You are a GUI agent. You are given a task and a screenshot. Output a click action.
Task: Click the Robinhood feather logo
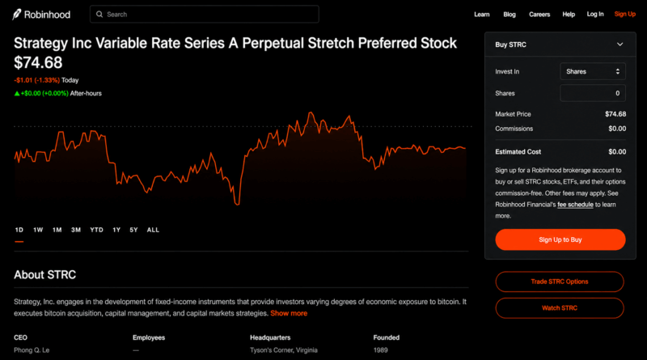coord(16,15)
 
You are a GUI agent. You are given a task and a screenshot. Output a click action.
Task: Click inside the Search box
coord(205,14)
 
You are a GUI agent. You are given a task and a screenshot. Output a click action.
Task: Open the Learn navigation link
coord(481,15)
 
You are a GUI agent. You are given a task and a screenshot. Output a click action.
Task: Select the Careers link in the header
coord(539,15)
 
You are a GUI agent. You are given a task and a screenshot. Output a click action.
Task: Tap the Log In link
coord(595,14)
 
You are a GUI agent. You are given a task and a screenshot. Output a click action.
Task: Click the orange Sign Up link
coord(624,14)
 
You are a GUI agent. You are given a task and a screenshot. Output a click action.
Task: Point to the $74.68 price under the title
coord(38,63)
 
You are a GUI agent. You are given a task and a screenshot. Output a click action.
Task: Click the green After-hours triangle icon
coord(17,93)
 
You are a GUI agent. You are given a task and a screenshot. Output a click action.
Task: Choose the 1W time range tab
coord(38,230)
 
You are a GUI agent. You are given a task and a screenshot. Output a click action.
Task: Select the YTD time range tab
coord(96,230)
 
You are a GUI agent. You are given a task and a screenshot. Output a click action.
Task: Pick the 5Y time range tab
coord(133,230)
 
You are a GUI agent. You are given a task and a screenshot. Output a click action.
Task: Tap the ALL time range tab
coord(153,230)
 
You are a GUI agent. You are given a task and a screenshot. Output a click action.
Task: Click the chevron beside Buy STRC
coord(620,44)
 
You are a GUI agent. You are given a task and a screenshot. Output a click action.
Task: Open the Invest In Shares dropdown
coord(593,71)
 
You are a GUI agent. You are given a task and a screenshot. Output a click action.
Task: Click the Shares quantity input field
coord(593,93)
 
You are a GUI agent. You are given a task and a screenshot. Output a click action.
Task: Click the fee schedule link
coord(575,205)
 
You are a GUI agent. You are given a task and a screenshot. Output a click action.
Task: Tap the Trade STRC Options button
coord(560,282)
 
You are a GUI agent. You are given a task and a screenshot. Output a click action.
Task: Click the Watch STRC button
coord(560,308)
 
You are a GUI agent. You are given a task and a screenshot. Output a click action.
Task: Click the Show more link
coord(289,313)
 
